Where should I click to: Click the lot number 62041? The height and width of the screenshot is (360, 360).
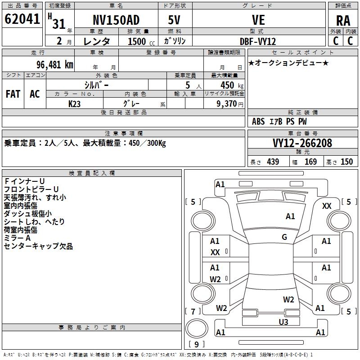click(x=22, y=19)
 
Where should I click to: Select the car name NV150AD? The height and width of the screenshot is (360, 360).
click(x=116, y=20)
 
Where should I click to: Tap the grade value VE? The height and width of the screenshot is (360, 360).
click(x=258, y=20)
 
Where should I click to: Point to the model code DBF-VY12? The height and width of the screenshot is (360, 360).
click(x=258, y=41)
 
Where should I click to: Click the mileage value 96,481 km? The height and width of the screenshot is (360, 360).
click(x=51, y=64)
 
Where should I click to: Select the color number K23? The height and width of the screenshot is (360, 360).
click(x=75, y=103)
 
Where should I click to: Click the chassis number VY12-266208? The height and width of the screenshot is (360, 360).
click(x=302, y=143)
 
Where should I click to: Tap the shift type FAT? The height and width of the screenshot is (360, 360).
click(x=13, y=94)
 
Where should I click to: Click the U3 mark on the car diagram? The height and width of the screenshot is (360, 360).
click(x=283, y=322)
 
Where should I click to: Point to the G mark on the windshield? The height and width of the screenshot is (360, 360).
click(x=284, y=237)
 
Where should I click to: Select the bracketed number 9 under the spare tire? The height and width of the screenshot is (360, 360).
click(x=197, y=345)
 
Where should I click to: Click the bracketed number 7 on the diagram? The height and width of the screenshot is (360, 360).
click(x=193, y=311)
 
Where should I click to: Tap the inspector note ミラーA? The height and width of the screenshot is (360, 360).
click(x=17, y=238)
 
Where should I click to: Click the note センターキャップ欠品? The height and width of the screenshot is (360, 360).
click(x=38, y=246)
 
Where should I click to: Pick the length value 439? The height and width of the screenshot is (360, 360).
click(x=273, y=162)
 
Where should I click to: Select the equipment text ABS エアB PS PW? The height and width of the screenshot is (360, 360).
click(x=279, y=121)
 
